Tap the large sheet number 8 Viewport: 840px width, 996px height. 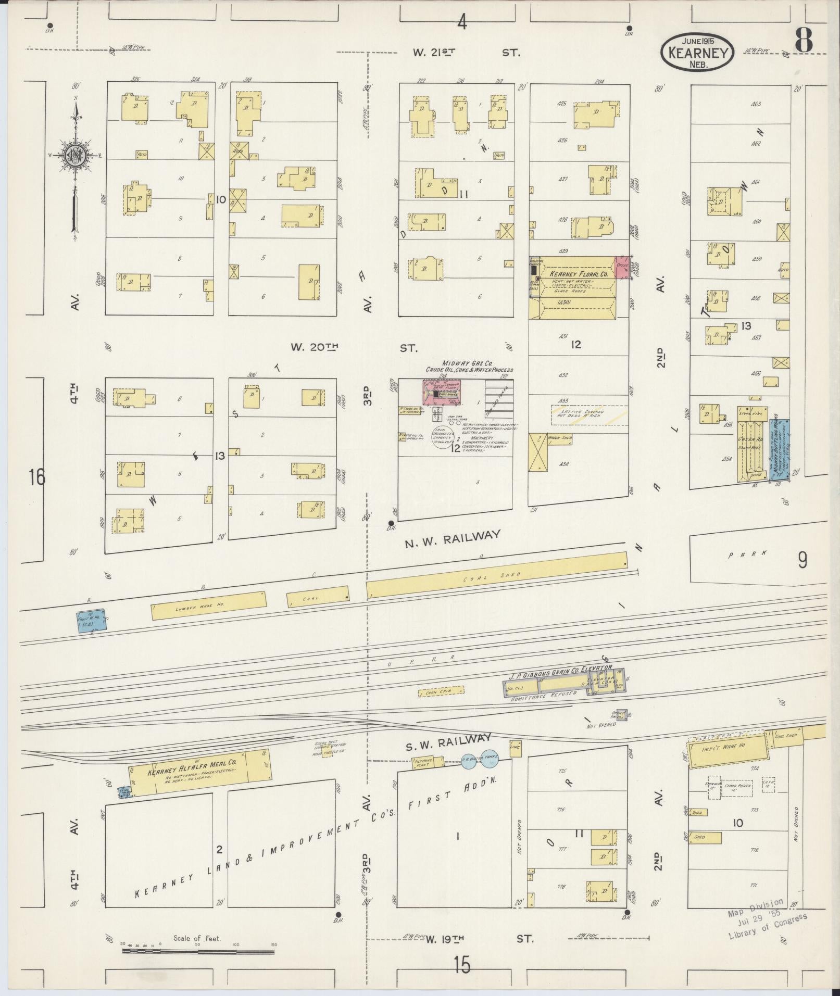click(804, 40)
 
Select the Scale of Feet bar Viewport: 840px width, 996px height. click(198, 952)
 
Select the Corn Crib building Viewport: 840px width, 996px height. click(441, 692)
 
